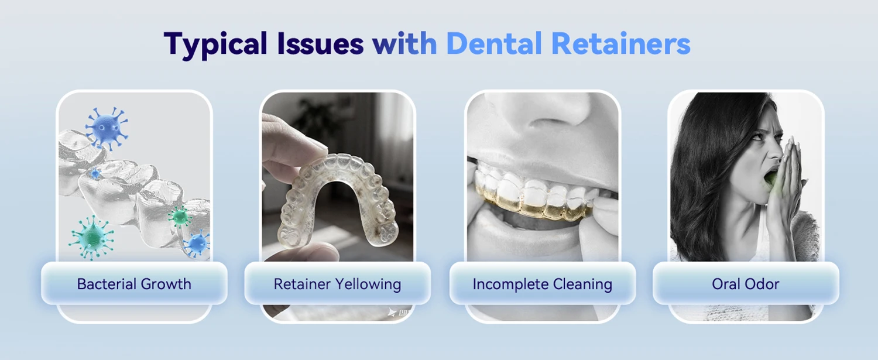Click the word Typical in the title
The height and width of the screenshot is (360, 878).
click(x=215, y=44)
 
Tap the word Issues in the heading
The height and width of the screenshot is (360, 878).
click(x=320, y=43)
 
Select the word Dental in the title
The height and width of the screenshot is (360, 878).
click(x=494, y=43)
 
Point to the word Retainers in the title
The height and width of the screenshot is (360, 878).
click(x=621, y=43)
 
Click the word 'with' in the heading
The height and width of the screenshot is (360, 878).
click(x=404, y=43)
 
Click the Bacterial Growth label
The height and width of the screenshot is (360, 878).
click(x=134, y=284)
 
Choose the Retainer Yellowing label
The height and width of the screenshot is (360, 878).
click(x=338, y=284)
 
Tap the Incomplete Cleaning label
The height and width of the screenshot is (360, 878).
click(x=543, y=284)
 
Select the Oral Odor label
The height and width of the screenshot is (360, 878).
click(x=746, y=284)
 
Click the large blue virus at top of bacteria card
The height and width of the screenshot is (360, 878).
click(x=106, y=128)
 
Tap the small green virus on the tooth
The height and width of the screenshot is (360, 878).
click(x=180, y=216)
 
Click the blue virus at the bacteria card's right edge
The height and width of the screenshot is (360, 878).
click(x=197, y=244)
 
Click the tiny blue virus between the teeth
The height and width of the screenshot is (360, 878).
click(x=94, y=173)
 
